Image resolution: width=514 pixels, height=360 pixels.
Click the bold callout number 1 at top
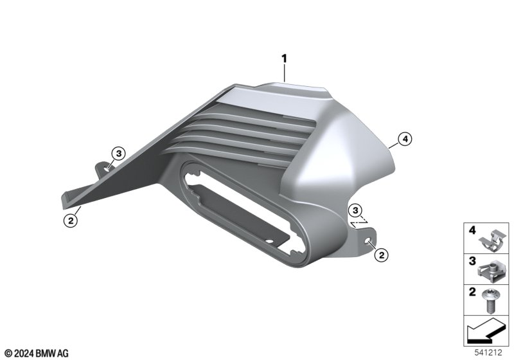pos(284,59)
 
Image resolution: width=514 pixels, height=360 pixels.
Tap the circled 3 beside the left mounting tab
pos(119,154)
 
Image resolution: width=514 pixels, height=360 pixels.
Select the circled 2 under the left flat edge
pos(71,221)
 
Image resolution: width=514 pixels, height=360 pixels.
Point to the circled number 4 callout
pos(405,139)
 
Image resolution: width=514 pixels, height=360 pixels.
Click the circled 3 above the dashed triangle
pos(356,210)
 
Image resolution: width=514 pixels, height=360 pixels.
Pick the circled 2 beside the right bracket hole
pos(381,255)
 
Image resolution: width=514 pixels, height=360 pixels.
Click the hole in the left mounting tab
pos(107,169)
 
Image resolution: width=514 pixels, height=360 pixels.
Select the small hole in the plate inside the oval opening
pos(269,241)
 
